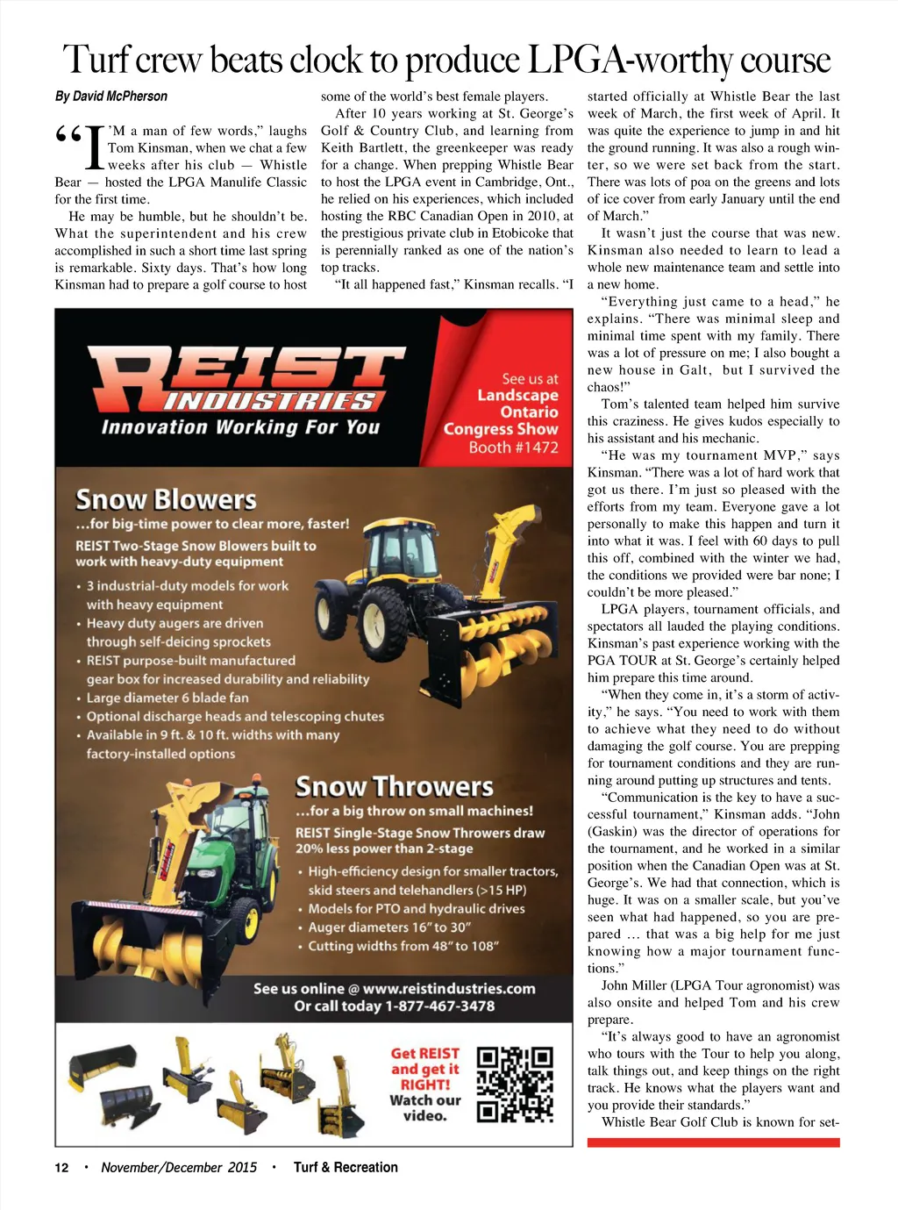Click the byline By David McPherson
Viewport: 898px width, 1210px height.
(x=111, y=97)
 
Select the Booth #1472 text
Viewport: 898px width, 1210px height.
(x=513, y=447)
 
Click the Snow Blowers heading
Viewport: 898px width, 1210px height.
(x=166, y=500)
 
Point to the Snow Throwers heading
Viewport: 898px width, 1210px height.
(x=394, y=786)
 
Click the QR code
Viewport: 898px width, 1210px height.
(x=515, y=1085)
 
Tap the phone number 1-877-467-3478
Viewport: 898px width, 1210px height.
(x=439, y=1006)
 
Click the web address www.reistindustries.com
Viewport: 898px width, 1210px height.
(x=448, y=988)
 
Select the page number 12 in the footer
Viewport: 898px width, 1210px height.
(x=61, y=1167)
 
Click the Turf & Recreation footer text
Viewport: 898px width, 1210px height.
(x=346, y=1167)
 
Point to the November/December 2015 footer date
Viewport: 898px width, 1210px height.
(x=179, y=1167)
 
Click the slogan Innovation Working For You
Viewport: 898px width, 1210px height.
(x=240, y=427)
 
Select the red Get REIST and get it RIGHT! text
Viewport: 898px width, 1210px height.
(x=425, y=1069)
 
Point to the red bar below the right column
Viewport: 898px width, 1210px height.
(x=713, y=1142)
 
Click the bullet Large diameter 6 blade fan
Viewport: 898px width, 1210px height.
(x=167, y=698)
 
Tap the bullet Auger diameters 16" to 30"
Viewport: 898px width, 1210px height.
(x=389, y=927)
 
